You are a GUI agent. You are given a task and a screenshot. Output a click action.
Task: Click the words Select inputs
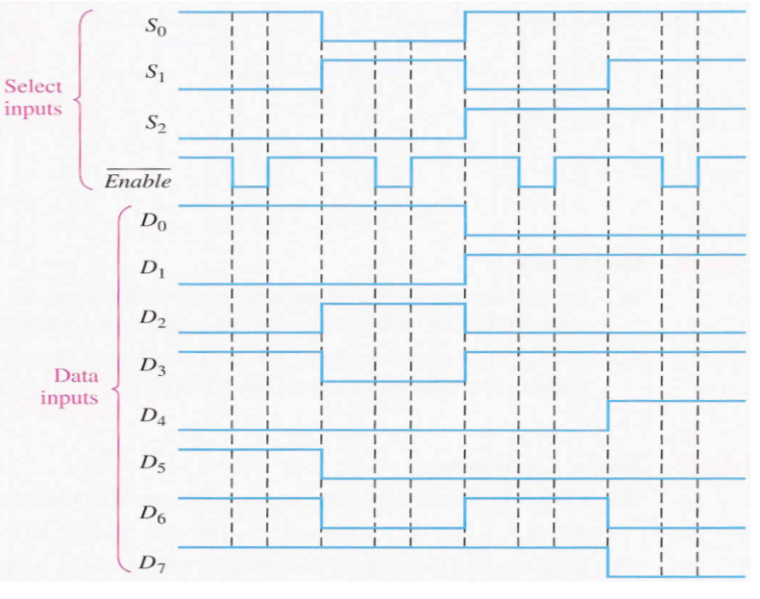[x=33, y=97]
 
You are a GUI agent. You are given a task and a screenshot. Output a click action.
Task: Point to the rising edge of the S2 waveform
[x=465, y=122]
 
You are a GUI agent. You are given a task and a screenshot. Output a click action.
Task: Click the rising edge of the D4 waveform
[x=608, y=414]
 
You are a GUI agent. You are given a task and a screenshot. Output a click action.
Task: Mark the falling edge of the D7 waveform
[x=608, y=562]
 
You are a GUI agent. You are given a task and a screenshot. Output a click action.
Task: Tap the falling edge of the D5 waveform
[x=322, y=463]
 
